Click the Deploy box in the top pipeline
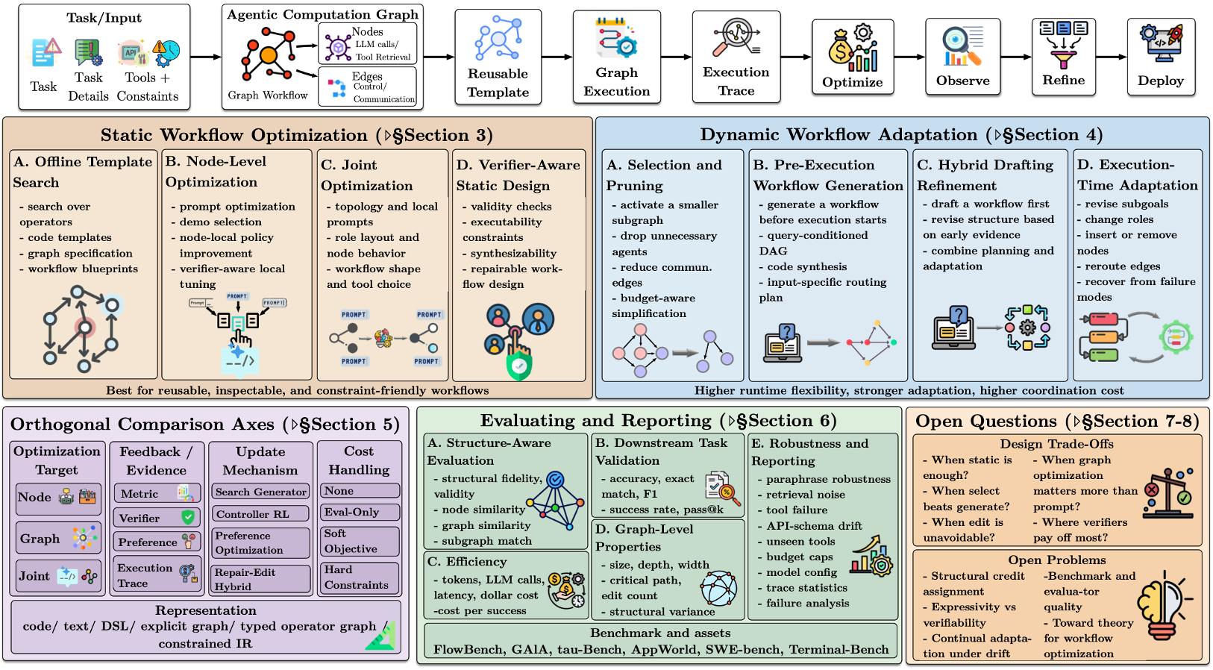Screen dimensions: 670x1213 pos(1160,57)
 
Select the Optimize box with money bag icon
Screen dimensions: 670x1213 pos(852,57)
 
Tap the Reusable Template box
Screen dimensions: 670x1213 pos(498,57)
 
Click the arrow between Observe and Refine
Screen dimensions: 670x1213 pos(1015,57)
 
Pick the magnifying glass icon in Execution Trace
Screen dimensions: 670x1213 pos(735,37)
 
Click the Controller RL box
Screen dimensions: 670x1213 pos(260,514)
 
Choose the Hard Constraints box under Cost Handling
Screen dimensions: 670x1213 pos(358,577)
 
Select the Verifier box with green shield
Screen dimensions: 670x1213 pos(156,518)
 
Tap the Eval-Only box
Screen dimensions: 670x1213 pos(358,512)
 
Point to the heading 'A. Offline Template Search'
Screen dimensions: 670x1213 pos(82,172)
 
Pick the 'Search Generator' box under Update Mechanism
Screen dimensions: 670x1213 pos(260,492)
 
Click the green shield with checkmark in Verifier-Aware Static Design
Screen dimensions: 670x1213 pos(518,366)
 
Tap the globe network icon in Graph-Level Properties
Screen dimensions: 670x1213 pos(718,588)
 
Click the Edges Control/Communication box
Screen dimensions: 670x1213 pos(367,87)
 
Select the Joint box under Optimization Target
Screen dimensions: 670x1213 pos(58,576)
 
